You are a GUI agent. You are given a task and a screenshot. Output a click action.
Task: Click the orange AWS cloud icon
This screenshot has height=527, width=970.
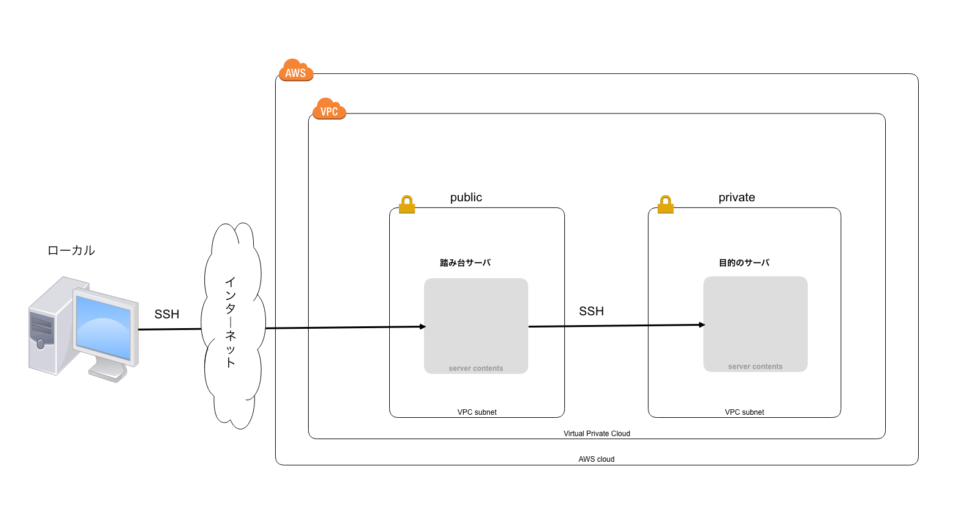tap(296, 71)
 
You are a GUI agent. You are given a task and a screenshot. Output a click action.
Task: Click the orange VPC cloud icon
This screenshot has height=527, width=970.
tap(329, 109)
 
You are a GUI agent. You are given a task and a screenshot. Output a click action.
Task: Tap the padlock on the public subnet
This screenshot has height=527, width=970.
tap(407, 204)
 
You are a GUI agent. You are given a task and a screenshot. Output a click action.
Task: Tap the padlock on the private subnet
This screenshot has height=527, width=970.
tap(666, 204)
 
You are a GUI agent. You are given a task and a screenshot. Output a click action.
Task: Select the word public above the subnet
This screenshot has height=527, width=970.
tap(466, 198)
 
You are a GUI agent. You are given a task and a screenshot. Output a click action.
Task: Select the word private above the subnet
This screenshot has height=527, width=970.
tap(736, 198)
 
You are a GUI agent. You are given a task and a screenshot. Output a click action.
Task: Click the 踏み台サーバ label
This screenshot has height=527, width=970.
tap(465, 263)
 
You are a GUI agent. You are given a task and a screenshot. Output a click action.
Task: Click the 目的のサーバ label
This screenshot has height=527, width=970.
tap(744, 263)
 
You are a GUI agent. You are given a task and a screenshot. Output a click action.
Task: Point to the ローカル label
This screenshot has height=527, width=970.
tap(71, 251)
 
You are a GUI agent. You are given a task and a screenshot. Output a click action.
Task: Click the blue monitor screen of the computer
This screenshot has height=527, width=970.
tap(103, 328)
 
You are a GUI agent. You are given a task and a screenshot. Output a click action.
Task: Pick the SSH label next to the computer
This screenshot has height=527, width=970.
tap(167, 314)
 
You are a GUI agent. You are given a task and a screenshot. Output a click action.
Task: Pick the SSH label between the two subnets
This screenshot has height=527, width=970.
tap(591, 311)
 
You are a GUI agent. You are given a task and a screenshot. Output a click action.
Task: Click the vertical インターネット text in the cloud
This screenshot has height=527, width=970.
tap(231, 322)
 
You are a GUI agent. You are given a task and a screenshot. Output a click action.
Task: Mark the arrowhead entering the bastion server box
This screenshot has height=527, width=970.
tap(422, 327)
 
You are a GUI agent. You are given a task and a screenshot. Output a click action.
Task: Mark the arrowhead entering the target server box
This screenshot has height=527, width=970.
tap(702, 325)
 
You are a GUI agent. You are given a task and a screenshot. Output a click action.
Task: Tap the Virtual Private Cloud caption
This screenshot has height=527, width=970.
tap(597, 434)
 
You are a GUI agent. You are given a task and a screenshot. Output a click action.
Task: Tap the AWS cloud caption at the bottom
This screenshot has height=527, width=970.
tap(596, 459)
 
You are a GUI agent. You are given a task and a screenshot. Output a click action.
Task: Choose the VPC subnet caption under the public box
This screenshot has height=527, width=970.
tap(477, 412)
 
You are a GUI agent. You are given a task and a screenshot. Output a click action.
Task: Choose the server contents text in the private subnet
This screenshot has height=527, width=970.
tap(755, 367)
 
